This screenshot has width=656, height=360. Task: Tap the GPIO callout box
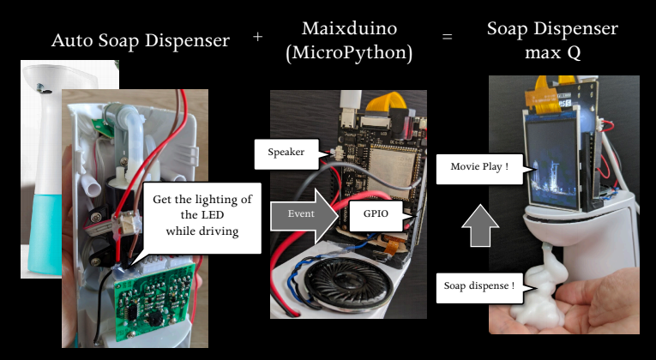376,215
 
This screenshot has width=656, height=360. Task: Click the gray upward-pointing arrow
480,225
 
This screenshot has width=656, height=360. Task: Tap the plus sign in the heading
257,37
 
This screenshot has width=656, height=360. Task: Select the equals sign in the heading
448,37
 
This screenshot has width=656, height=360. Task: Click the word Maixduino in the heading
349,28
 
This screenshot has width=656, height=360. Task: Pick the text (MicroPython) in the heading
349,53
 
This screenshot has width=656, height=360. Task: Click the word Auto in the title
73,40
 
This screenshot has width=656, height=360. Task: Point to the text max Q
552,53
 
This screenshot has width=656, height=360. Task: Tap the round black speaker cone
348,284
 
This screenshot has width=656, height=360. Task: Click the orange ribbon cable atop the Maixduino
385,102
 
